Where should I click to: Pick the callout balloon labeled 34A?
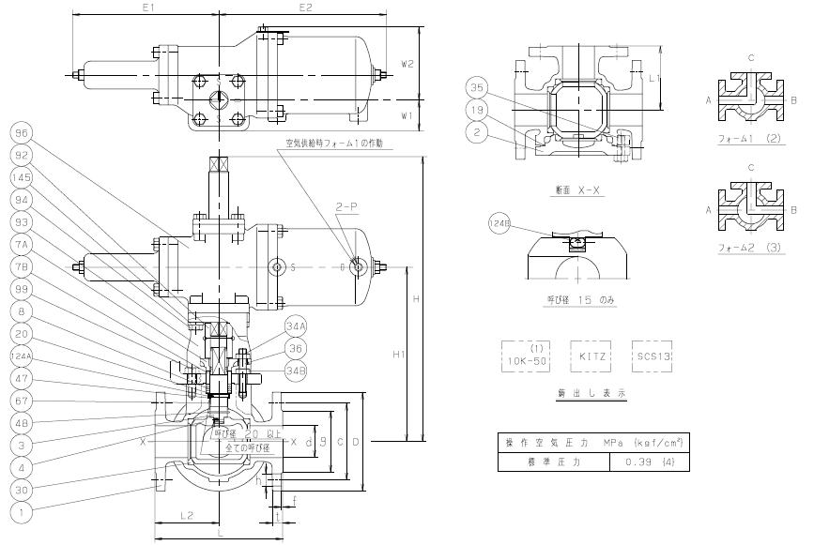tap(296, 326)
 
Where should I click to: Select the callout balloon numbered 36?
tap(296, 348)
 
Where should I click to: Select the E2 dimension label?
tap(305, 8)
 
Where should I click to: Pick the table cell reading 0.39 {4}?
tap(649, 462)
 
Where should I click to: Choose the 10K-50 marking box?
tap(524, 357)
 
